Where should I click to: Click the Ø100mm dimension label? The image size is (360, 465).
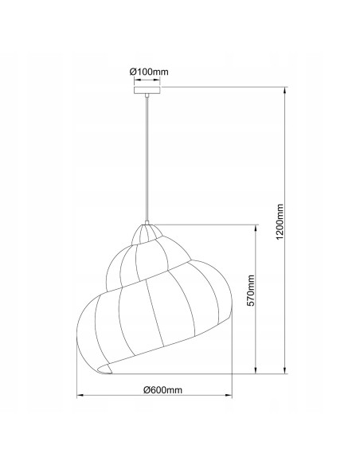(149, 72)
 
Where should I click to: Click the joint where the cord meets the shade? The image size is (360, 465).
(147, 221)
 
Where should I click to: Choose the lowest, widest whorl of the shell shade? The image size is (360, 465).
(151, 326)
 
